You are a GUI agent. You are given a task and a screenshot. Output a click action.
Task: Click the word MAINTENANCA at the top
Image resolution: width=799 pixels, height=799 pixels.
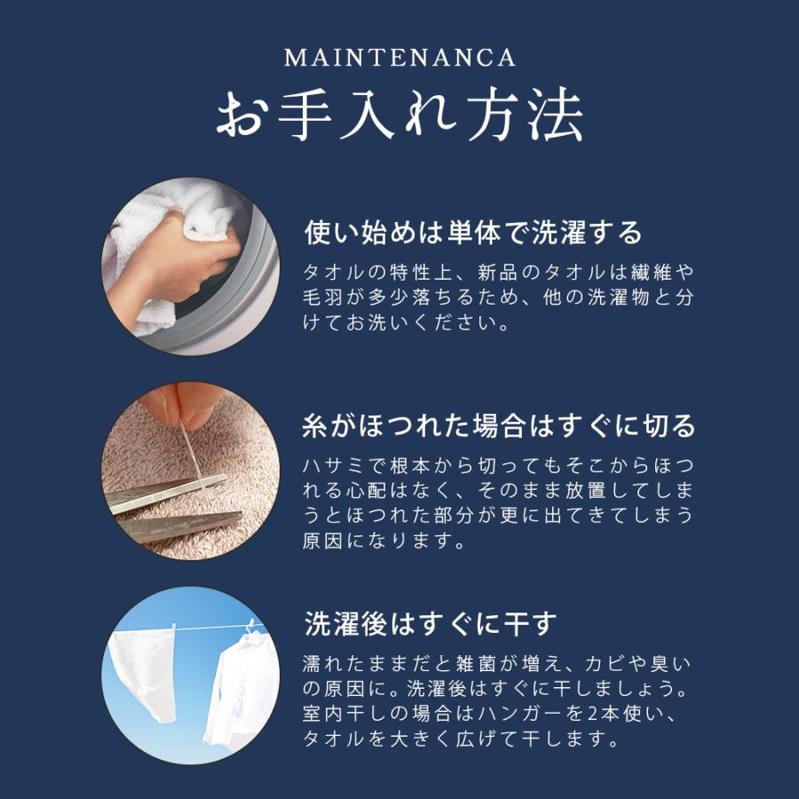pyautogui.click(x=399, y=59)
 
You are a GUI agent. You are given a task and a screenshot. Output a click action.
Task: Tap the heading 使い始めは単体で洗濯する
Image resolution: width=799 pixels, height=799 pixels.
pyautogui.click(x=473, y=233)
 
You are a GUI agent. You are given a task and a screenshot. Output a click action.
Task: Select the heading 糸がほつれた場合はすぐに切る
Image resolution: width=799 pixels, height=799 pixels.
pyautogui.click(x=499, y=426)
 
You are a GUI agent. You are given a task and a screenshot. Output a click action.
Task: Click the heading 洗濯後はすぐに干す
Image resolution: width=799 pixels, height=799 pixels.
pyautogui.click(x=430, y=623)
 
